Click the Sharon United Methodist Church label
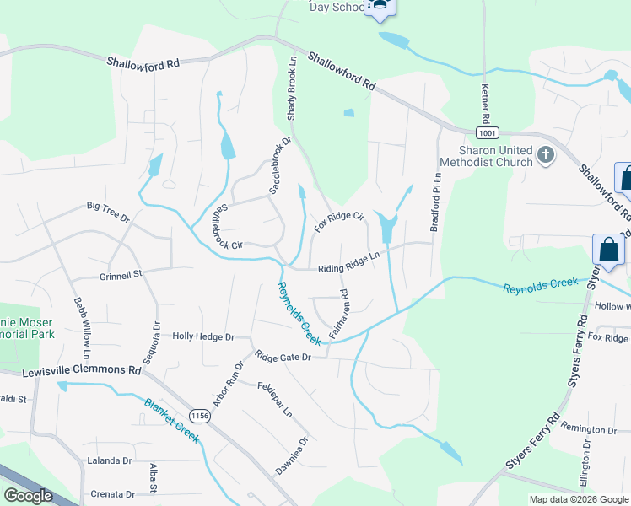click(x=489, y=156)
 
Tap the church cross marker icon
click(x=546, y=154)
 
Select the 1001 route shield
click(x=486, y=133)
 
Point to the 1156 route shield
click(x=200, y=416)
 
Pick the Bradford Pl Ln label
click(x=436, y=202)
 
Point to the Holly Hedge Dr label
click(x=202, y=336)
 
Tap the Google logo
click(x=28, y=496)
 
